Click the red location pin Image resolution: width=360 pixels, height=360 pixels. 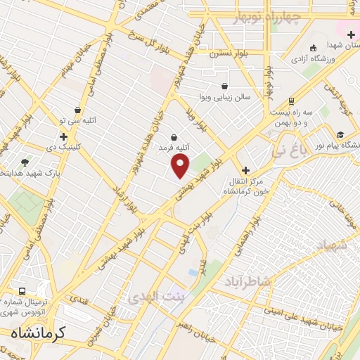click(x=181, y=165)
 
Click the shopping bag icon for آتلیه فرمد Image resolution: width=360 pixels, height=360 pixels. click(x=174, y=136)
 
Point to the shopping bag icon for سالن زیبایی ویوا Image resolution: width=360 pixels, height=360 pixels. click(x=224, y=86)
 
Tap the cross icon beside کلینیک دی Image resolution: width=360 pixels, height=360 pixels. click(x=64, y=136)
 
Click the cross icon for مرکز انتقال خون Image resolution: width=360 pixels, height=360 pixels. click(x=245, y=170)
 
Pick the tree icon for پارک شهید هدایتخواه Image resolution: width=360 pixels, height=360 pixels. click(x=26, y=162)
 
